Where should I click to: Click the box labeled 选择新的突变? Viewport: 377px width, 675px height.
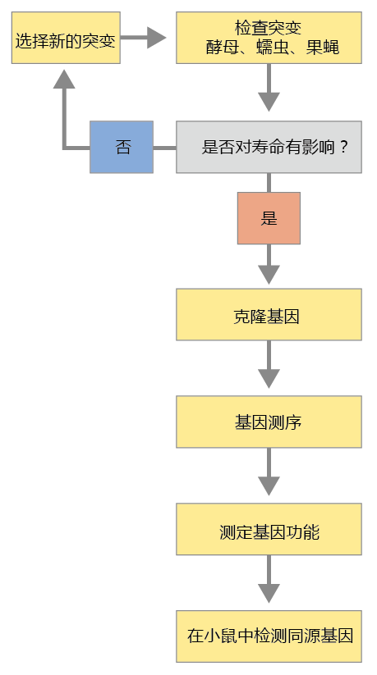click(x=66, y=38)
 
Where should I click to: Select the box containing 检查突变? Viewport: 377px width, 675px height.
click(x=269, y=38)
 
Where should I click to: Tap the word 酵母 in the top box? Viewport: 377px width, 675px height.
click(x=222, y=48)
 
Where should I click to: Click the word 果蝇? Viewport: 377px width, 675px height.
click(x=323, y=48)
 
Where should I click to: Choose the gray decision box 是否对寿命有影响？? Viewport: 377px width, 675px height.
click(x=269, y=148)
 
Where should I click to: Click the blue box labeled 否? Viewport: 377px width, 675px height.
click(x=122, y=148)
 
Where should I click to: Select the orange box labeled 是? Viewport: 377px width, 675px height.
click(x=269, y=218)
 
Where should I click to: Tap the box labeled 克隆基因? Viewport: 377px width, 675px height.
click(x=269, y=315)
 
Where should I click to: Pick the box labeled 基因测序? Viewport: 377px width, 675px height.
click(x=269, y=422)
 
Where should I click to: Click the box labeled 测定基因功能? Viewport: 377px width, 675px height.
click(x=269, y=529)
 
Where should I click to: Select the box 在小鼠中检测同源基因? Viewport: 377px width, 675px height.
click(x=269, y=636)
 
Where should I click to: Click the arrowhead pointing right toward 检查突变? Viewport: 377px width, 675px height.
click(x=157, y=38)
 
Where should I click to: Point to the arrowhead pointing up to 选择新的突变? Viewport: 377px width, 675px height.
click(x=64, y=80)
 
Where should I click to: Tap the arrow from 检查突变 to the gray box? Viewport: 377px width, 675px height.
click(x=269, y=88)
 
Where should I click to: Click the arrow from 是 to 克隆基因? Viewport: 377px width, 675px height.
click(x=269, y=264)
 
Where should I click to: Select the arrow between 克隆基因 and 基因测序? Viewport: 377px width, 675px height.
click(x=269, y=364)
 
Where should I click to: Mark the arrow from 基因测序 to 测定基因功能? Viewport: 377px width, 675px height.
click(x=269, y=472)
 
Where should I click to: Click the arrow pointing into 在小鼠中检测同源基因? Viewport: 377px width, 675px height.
click(x=269, y=578)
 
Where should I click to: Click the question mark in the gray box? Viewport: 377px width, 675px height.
click(x=343, y=148)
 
